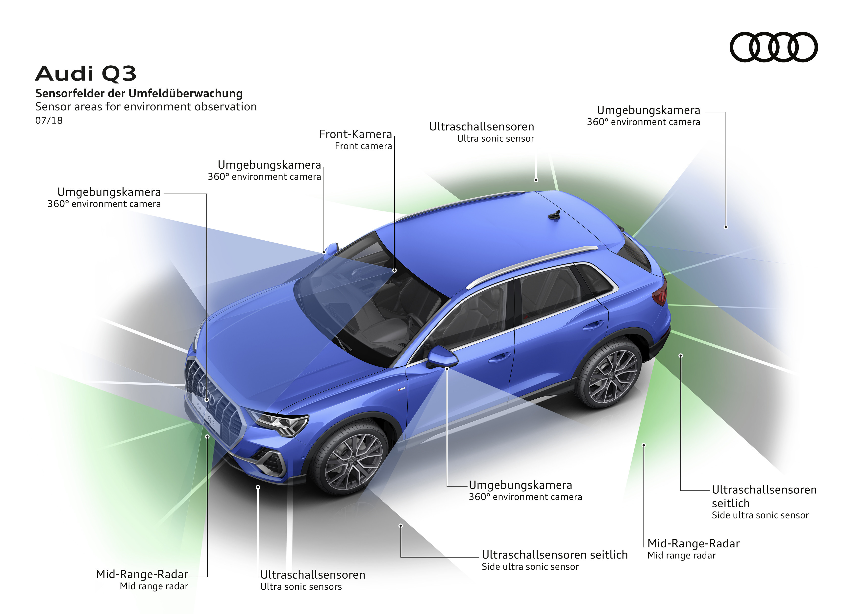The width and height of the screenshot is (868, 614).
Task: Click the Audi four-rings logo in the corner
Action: (x=773, y=47)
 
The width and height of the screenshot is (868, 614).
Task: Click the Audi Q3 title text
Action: (x=86, y=73)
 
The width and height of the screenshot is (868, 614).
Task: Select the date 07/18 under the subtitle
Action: (x=49, y=120)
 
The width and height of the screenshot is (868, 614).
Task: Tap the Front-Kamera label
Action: (x=355, y=134)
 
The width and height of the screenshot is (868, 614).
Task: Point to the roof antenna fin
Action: (x=555, y=215)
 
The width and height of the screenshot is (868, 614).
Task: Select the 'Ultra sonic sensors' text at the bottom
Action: (x=301, y=587)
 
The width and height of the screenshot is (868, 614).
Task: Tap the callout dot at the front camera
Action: (x=394, y=270)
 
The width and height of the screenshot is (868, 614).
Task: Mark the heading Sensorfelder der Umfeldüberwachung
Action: (x=139, y=93)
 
